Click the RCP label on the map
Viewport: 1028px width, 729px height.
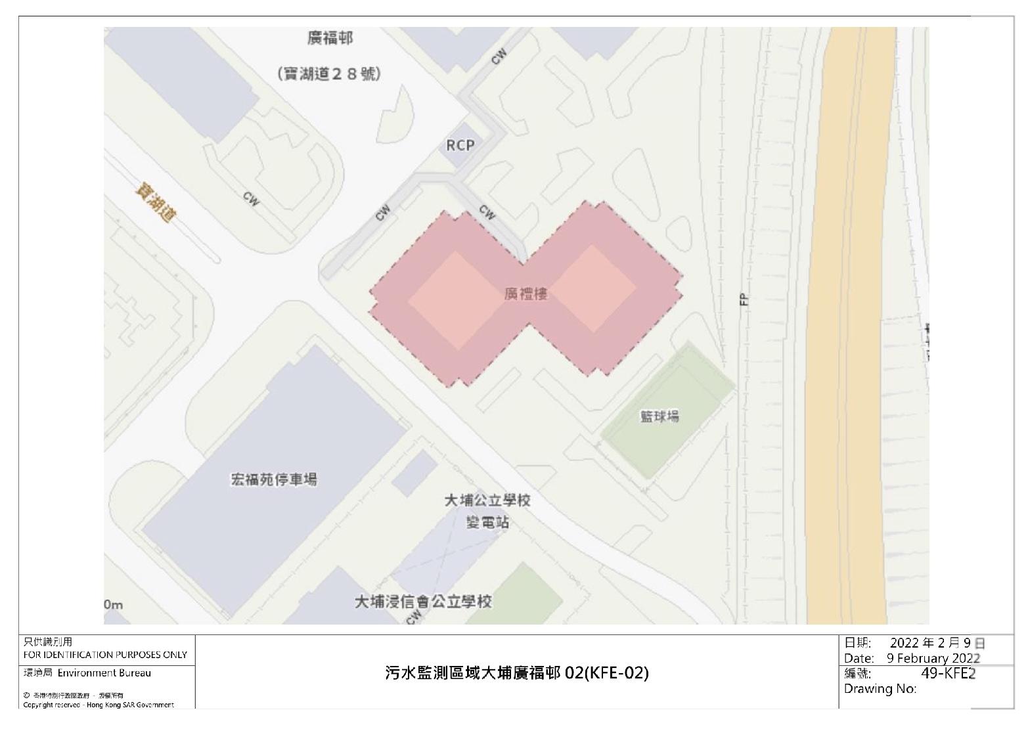tap(460, 145)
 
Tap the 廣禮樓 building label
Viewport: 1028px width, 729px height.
tap(525, 294)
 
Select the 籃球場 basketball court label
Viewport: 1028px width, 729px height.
tap(659, 416)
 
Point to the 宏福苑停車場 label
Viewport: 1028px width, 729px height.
tap(273, 479)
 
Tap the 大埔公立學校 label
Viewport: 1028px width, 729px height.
tap(487, 500)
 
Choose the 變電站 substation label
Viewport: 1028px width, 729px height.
tap(487, 523)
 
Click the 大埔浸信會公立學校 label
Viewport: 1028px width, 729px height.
tap(423, 602)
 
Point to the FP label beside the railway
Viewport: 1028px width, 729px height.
tap(744, 299)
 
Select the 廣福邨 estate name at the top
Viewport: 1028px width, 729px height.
tap(330, 39)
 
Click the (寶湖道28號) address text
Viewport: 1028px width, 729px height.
tap(329, 74)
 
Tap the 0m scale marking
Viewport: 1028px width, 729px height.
tap(113, 605)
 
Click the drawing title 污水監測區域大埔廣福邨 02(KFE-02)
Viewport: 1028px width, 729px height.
tap(516, 673)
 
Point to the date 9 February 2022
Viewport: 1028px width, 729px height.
tap(933, 658)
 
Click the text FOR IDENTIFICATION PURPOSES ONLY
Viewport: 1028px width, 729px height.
tap(105, 655)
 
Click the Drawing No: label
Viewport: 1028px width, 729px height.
tap(880, 688)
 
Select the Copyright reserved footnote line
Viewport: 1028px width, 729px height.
tap(99, 705)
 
